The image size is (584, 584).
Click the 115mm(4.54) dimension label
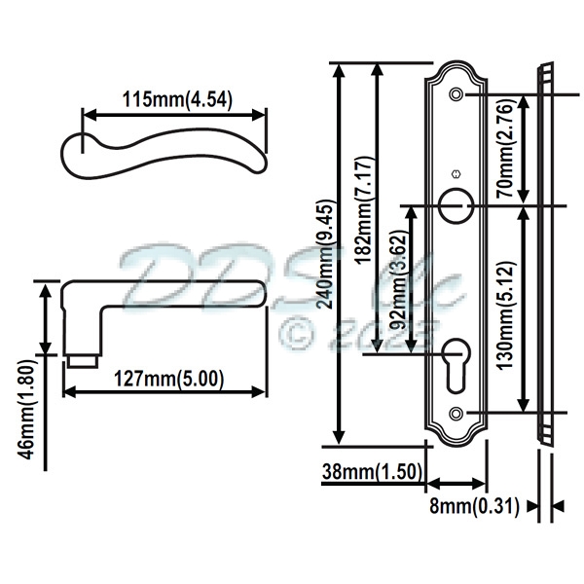point(176,99)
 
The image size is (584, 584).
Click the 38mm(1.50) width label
point(371,472)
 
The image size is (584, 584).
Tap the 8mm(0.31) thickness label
point(473,506)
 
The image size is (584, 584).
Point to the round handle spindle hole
point(456,203)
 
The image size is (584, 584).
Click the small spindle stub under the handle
point(82,361)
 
